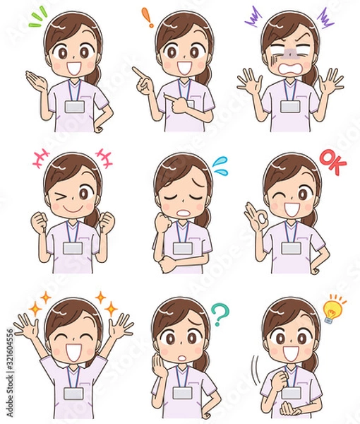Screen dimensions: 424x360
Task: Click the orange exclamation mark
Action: coord(147,18)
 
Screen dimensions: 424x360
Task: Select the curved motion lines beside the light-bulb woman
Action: coord(254,367)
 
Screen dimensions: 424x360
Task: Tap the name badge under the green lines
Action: coord(74,107)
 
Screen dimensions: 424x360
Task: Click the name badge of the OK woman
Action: coord(291,247)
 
